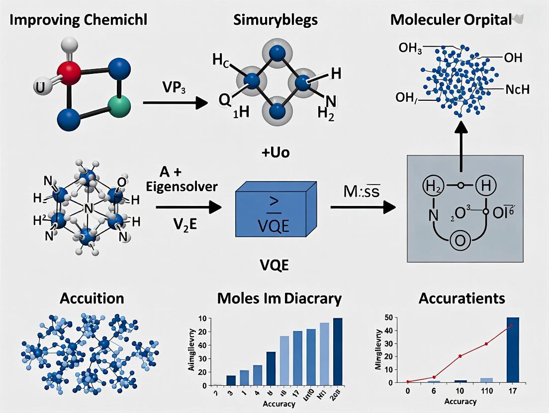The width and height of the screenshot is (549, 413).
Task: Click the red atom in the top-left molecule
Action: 69,73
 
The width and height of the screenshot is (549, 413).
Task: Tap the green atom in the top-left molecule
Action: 118,106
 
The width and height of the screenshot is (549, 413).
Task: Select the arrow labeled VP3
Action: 174,103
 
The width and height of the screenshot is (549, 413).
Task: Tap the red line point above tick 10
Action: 460,356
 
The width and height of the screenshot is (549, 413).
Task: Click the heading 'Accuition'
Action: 92,298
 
